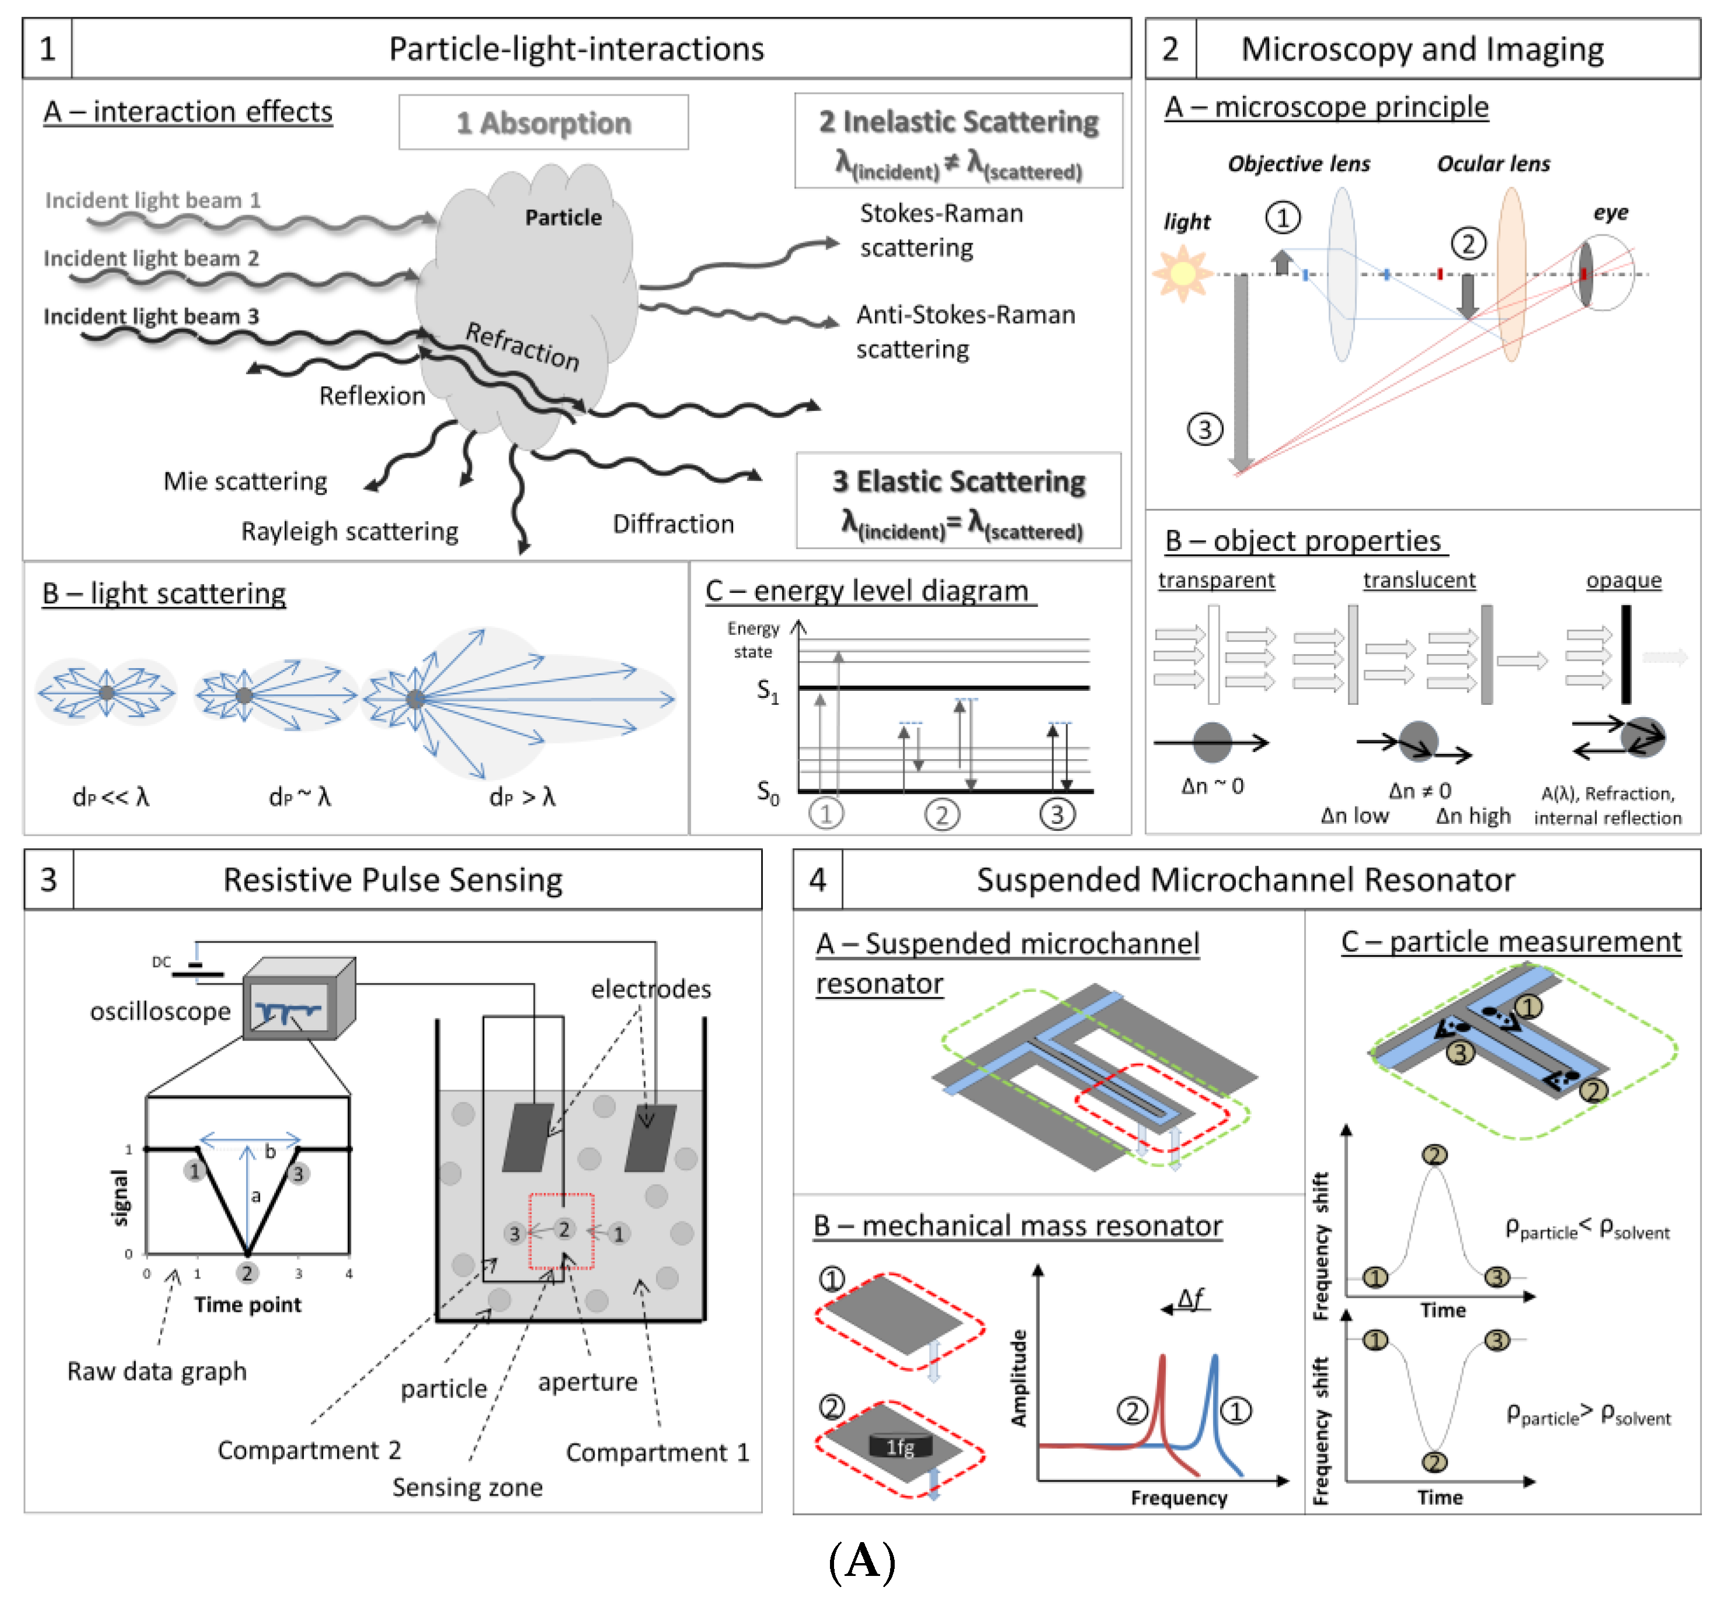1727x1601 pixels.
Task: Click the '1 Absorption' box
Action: coord(544,123)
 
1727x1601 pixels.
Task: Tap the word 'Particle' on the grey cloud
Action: coord(563,217)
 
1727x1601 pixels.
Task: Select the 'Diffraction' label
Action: coord(672,524)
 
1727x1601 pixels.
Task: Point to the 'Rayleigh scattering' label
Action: coord(349,531)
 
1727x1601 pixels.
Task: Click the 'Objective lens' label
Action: coord(1298,164)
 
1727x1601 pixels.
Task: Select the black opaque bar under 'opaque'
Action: coord(1626,654)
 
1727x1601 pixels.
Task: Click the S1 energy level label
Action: coord(768,691)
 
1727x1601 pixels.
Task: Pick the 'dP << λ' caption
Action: coord(111,797)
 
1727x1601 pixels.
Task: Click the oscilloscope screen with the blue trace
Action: coord(289,1009)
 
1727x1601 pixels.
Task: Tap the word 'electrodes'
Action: coord(651,988)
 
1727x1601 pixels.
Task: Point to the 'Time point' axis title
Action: coord(248,1305)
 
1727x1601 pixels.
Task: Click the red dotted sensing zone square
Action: coord(562,1231)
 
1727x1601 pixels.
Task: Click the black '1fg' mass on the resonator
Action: coord(901,1445)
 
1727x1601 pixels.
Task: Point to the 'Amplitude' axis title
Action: coord(1019,1378)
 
